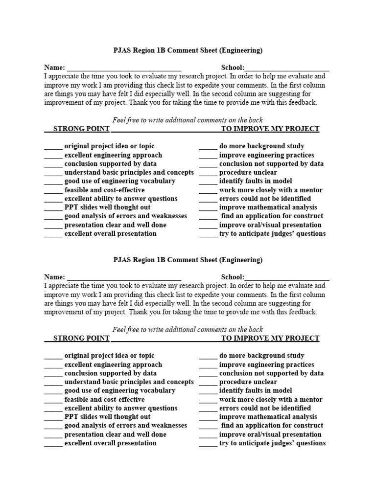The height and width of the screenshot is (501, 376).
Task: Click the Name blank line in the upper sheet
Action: tap(124, 68)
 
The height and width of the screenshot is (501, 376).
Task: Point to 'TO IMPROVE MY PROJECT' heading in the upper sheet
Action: tap(270, 129)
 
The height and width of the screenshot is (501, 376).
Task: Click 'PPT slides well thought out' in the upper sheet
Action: tap(107, 207)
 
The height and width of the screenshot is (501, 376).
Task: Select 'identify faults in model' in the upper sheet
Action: tap(256, 181)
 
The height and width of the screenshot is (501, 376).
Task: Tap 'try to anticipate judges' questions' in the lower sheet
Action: tap(272, 443)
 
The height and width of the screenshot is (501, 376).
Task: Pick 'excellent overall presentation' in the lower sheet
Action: tap(110, 443)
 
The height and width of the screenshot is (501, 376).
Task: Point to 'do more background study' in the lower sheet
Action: tap(261, 356)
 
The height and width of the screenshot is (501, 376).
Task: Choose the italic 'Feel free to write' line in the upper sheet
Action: tap(188, 120)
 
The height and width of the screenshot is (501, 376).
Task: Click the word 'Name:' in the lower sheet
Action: tap(54, 277)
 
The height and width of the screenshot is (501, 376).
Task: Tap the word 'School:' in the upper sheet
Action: tap(232, 68)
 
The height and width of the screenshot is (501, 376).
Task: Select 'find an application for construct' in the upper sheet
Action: tap(272, 216)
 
